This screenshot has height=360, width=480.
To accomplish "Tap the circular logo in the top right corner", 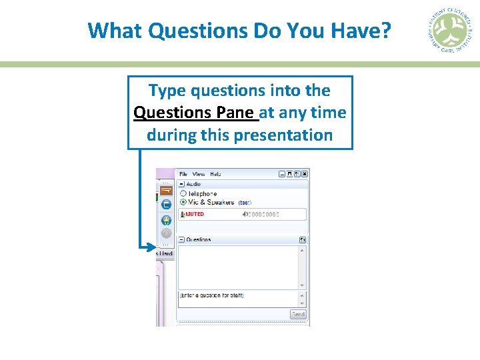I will [449, 31].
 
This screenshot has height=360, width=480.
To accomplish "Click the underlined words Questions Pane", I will [195, 112].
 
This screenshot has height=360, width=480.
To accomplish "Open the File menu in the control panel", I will [183, 174].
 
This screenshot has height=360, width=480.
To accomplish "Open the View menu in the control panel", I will [198, 174].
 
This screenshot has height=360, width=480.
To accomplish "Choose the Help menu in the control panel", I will [215, 174].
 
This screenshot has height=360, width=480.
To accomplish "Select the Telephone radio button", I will [183, 193].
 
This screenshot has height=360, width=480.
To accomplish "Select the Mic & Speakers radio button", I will [183, 202].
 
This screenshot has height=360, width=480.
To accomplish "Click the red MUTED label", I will [194, 215].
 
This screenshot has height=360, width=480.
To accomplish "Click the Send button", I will [298, 315].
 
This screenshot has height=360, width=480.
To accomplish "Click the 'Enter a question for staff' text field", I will [237, 295].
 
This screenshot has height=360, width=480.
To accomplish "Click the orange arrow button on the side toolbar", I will [166, 191].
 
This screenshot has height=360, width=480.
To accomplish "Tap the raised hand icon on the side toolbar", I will [166, 219].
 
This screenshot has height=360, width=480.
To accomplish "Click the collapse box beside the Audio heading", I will [181, 184].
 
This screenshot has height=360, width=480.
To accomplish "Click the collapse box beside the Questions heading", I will [181, 239].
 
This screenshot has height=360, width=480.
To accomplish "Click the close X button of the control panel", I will [305, 174].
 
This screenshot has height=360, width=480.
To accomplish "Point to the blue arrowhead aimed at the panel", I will [151, 247].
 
